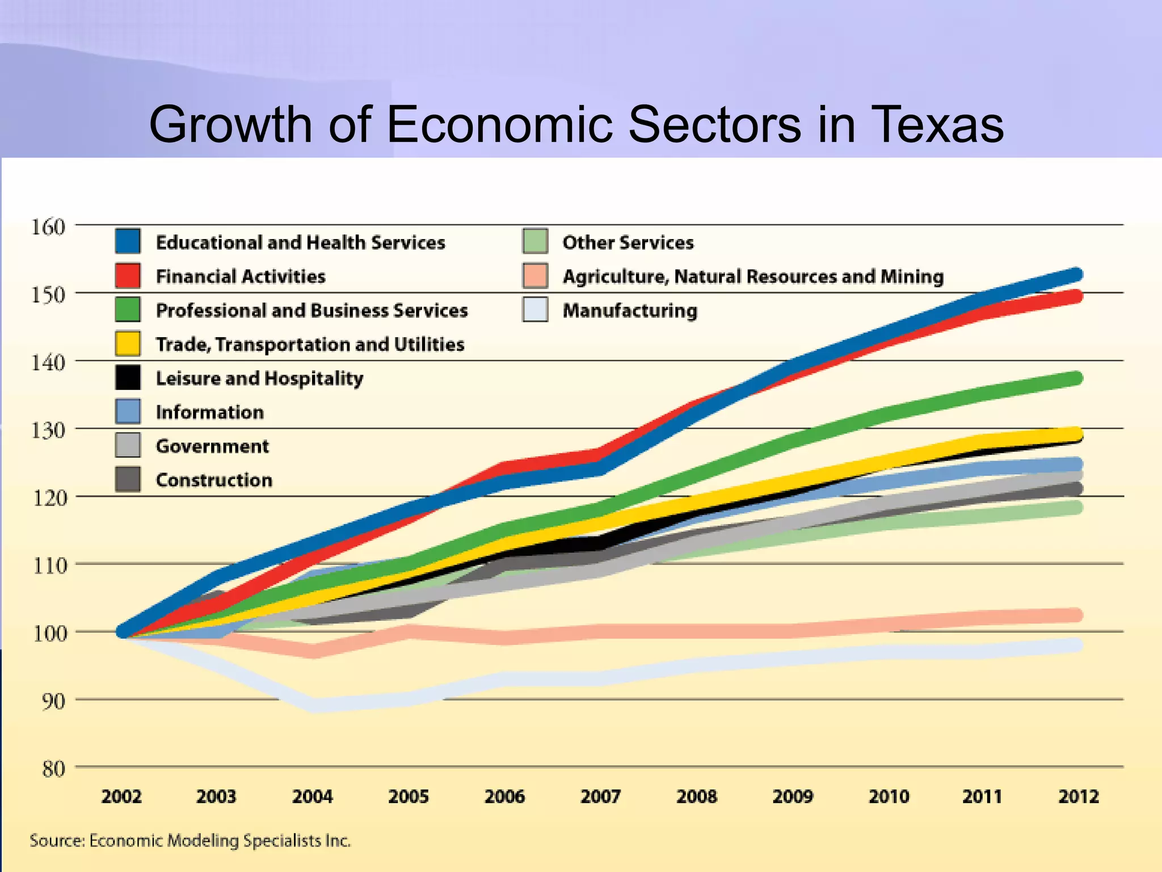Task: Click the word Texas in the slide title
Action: point(936,124)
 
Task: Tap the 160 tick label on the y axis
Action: point(48,227)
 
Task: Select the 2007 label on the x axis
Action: point(600,796)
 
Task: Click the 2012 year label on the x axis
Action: point(1078,796)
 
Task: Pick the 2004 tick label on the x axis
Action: point(312,796)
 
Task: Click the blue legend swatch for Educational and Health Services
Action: point(128,241)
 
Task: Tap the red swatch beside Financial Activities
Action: point(128,275)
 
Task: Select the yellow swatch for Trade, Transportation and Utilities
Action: point(128,343)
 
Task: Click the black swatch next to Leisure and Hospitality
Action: point(128,378)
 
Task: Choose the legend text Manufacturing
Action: point(630,311)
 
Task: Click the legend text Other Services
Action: point(628,242)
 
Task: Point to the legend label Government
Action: point(212,446)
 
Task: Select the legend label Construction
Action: point(214,480)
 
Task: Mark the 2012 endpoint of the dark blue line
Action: point(1076,275)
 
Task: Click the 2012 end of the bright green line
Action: point(1076,378)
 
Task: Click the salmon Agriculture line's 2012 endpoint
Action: point(1076,615)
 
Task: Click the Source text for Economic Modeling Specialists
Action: point(190,841)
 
